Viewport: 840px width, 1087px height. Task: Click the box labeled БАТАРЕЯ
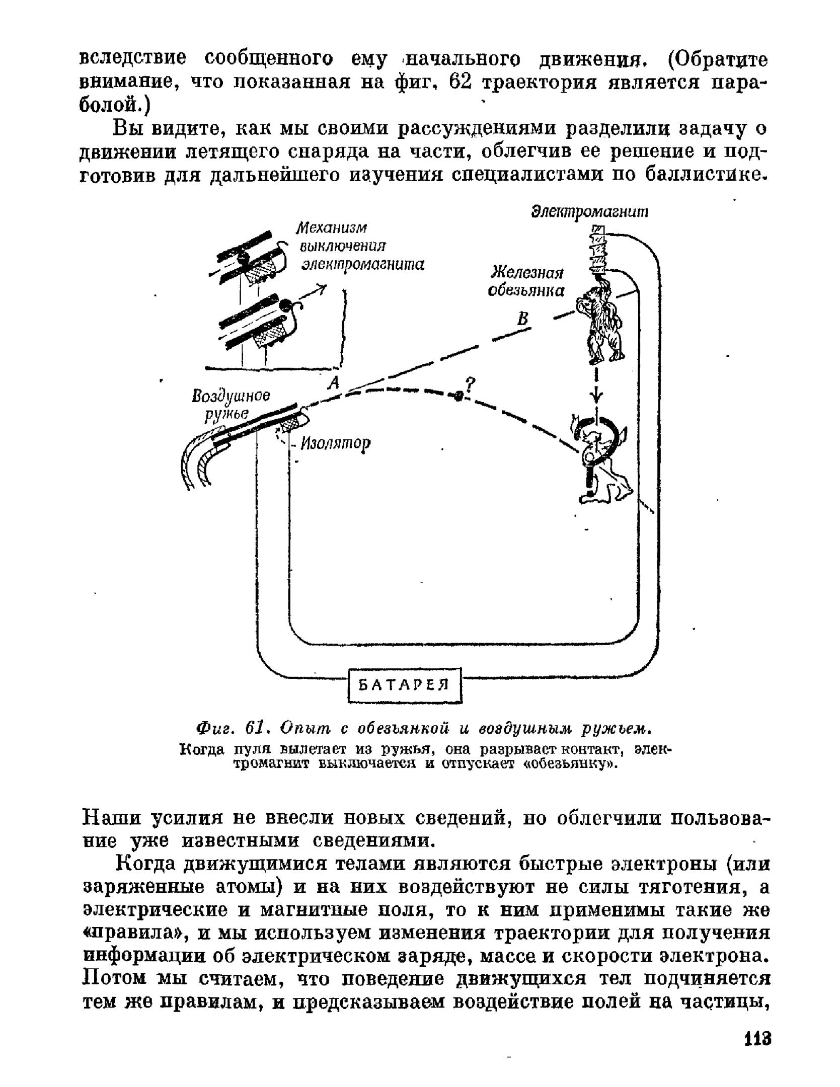pos(405,684)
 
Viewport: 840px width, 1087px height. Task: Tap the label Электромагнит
pos(590,212)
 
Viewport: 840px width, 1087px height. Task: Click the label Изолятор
pos(335,443)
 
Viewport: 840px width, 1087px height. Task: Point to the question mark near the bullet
pos(471,385)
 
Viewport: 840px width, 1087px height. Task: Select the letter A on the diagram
pos(333,383)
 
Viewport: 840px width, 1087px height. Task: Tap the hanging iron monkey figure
pos(601,322)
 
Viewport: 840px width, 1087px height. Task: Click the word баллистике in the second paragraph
pos(707,175)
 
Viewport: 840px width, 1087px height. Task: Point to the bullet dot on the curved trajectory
pos(458,396)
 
